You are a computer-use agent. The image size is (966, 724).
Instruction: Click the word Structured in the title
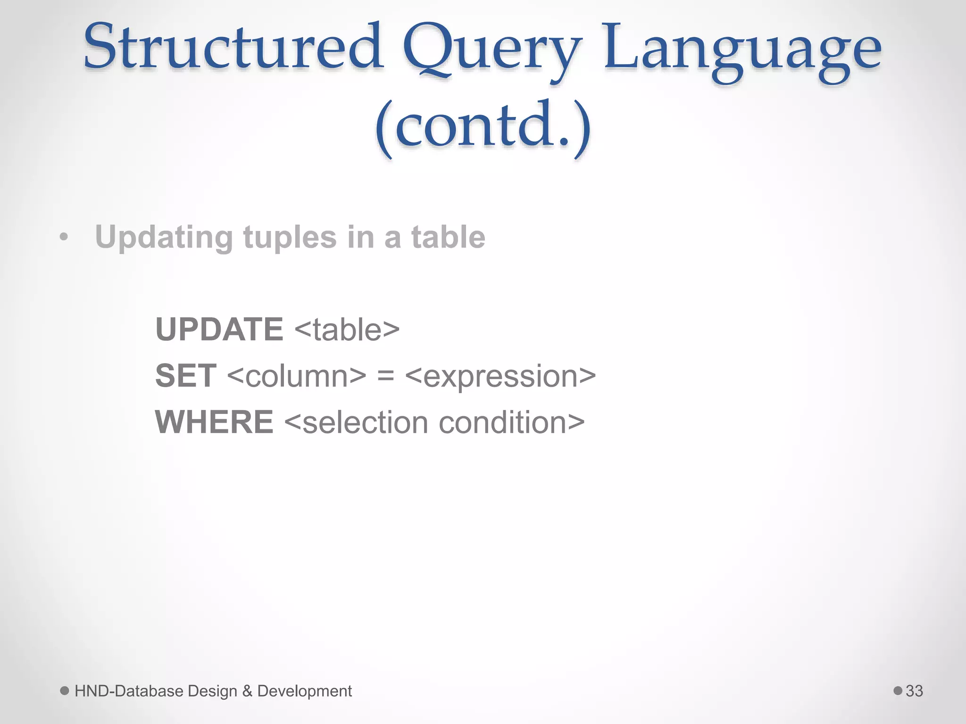coord(233,47)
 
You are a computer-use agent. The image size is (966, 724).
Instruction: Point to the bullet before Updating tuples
coord(64,238)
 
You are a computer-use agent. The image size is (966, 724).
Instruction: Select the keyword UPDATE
coord(219,329)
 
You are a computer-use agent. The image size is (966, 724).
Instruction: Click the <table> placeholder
coord(347,329)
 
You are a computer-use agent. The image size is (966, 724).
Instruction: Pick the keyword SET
coord(186,376)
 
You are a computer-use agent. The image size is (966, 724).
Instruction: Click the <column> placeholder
coord(297,376)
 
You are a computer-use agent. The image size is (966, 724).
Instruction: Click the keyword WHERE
coord(214,422)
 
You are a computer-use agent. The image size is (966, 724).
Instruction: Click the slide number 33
coord(914,691)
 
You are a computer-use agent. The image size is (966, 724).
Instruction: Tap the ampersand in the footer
coord(247,691)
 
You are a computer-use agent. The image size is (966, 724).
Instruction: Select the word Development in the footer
coord(304,691)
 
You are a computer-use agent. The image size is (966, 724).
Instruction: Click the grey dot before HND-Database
coord(65,691)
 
